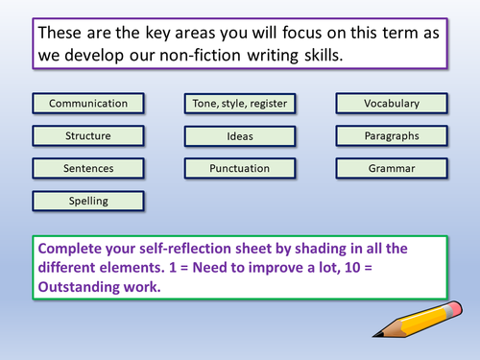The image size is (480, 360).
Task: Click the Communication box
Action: coord(88,104)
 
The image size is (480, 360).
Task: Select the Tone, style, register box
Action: coord(240,104)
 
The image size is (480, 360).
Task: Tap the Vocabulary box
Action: coord(392,104)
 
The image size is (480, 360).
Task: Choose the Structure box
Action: coord(88,136)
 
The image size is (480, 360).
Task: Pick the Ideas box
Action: coord(240,136)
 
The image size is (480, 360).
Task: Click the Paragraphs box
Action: coord(392,136)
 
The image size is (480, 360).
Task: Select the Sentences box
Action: coord(88,168)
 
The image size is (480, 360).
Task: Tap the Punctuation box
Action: coord(240,168)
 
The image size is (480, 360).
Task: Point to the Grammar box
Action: coord(392,168)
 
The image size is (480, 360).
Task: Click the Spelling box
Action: coord(88,202)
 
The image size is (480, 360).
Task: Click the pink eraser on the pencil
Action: coord(454,309)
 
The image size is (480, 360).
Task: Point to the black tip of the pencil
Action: coord(377,335)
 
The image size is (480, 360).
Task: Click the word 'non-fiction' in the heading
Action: coord(200,55)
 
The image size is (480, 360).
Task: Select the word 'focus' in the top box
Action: coord(301,33)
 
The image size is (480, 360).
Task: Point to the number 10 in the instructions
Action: coord(352,268)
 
